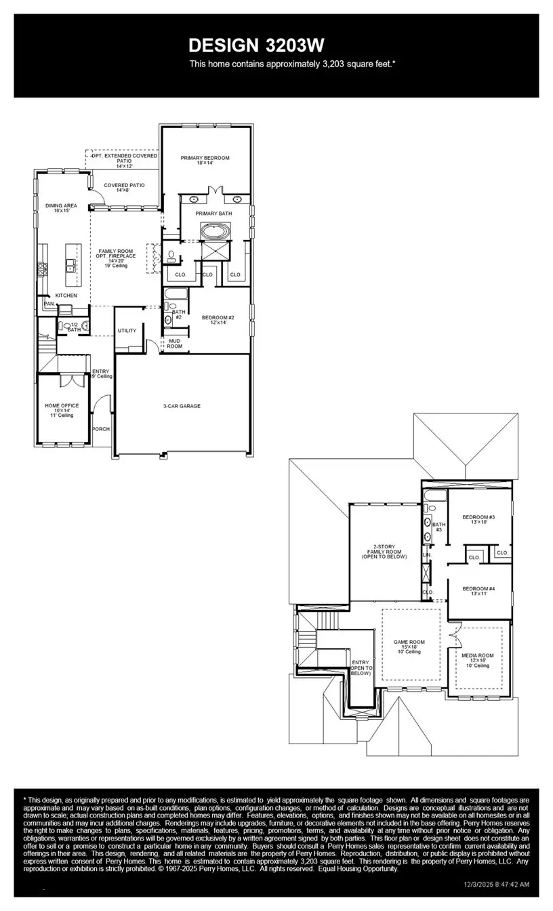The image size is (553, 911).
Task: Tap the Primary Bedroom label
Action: point(205,158)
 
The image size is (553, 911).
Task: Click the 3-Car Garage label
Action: point(182,406)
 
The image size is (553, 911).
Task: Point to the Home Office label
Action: point(62,405)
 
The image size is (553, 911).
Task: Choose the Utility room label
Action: point(127,330)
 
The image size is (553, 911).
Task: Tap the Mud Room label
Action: point(174,343)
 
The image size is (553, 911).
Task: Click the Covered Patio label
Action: point(123,185)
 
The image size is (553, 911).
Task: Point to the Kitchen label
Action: point(66,296)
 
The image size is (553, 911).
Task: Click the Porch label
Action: point(101,429)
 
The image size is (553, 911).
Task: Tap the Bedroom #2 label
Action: point(218,317)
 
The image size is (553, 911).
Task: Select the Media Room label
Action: point(478,656)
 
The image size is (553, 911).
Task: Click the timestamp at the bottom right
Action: point(496,885)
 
